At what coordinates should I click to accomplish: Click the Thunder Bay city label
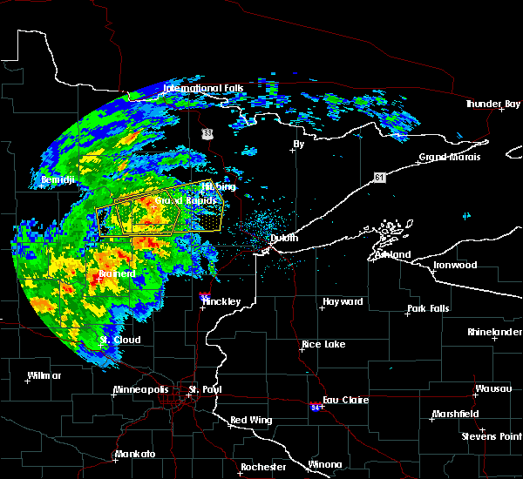point(492,104)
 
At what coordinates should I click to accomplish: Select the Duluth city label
point(284,238)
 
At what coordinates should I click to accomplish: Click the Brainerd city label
point(116,273)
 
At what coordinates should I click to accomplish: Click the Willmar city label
point(44,376)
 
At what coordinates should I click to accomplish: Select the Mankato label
point(135,455)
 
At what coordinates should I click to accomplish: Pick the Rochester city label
point(263,467)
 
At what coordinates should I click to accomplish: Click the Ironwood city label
point(457,265)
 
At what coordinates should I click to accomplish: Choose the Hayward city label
point(343,301)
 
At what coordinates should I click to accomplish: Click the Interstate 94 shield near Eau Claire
point(315,407)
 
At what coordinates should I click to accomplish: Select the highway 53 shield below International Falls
point(206,132)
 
